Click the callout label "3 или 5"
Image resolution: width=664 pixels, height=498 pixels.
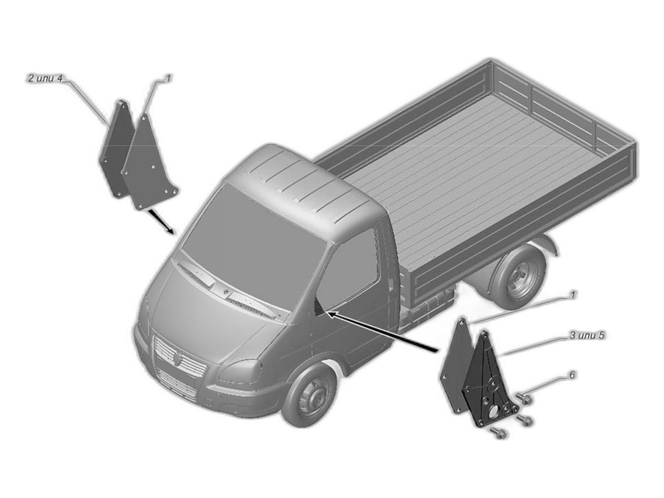coord(587,335)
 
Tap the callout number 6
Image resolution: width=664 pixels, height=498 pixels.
coord(573,374)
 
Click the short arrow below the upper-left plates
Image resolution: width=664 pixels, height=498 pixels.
coord(159,221)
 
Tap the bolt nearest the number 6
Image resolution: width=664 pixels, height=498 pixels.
coord(523,397)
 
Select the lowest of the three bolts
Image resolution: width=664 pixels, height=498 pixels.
coord(498,433)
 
